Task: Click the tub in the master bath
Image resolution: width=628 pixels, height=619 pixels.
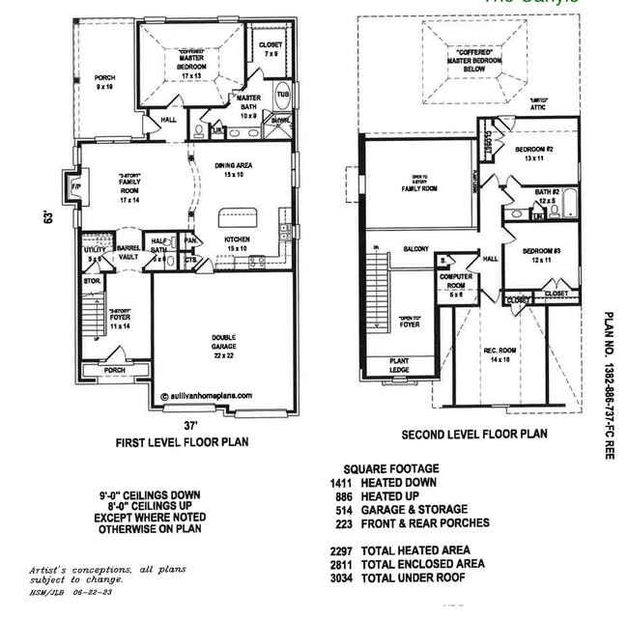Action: tap(284, 98)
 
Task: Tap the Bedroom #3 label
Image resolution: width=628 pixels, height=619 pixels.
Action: tap(536, 254)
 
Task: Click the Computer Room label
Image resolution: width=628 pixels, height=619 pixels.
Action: tap(455, 281)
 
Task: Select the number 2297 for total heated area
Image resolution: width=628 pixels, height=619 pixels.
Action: tap(342, 550)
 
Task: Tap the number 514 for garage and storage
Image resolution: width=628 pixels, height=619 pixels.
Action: tap(345, 509)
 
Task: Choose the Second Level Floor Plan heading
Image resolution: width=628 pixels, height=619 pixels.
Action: tap(474, 435)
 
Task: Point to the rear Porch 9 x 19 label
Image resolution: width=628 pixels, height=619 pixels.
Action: tap(103, 81)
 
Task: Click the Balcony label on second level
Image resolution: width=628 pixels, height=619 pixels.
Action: tap(416, 249)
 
